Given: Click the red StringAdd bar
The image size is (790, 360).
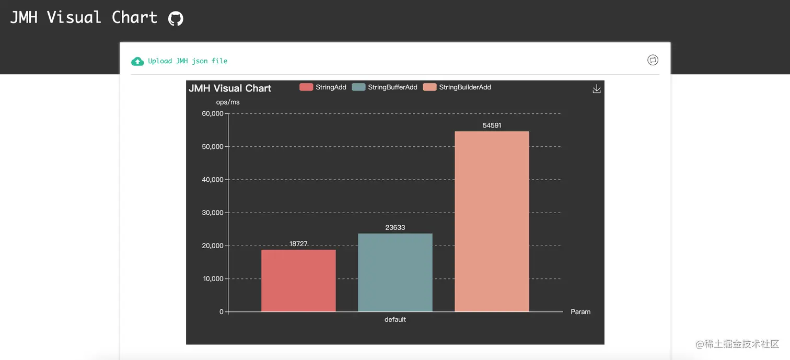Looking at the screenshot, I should pyautogui.click(x=298, y=281).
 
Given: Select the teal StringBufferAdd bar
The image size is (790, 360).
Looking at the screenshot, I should pyautogui.click(x=395, y=272).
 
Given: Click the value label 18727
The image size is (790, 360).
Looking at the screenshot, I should pyautogui.click(x=298, y=244).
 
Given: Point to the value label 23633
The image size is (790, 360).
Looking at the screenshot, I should pyautogui.click(x=395, y=228).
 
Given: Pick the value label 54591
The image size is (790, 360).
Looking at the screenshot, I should pyautogui.click(x=492, y=125).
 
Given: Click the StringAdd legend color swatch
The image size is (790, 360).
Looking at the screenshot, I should pyautogui.click(x=306, y=87).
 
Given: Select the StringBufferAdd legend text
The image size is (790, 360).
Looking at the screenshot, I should pyautogui.click(x=392, y=87).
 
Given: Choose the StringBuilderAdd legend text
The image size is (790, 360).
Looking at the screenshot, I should pyautogui.click(x=465, y=87).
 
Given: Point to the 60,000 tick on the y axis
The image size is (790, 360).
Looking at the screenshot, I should pyautogui.click(x=213, y=114).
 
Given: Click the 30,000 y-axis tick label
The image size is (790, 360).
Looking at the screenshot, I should pyautogui.click(x=213, y=213).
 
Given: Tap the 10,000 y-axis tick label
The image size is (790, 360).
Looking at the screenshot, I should pyautogui.click(x=213, y=279).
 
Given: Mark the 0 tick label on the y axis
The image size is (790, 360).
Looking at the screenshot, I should pyautogui.click(x=222, y=312).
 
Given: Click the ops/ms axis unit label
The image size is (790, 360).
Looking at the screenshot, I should pyautogui.click(x=228, y=102).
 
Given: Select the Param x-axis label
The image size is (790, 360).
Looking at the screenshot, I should pyautogui.click(x=580, y=312).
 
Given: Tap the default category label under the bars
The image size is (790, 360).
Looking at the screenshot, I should pyautogui.click(x=395, y=320).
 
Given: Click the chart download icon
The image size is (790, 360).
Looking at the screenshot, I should pyautogui.click(x=597, y=89).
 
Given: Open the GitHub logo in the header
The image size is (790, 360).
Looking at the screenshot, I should pyautogui.click(x=176, y=19).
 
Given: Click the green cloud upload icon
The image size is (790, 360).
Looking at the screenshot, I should pyautogui.click(x=137, y=62).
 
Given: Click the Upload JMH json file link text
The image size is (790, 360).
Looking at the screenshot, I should pyautogui.click(x=188, y=61).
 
